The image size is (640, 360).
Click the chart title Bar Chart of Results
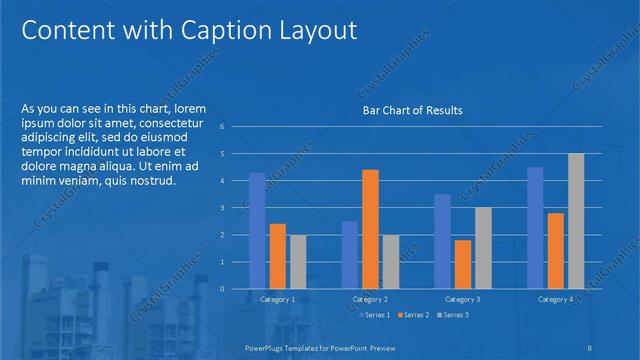(411, 110)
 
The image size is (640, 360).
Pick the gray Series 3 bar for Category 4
(576, 220)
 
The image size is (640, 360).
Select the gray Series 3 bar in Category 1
(298, 261)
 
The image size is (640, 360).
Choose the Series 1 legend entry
(376, 315)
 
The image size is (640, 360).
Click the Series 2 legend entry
(415, 315)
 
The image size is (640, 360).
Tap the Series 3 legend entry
(453, 315)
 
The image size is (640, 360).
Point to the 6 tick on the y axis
(236, 127)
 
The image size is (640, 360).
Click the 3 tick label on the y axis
(236, 208)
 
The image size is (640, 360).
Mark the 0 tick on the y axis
(236, 289)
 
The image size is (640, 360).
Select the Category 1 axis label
(277, 299)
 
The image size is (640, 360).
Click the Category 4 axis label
(555, 299)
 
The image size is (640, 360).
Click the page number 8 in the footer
(591, 346)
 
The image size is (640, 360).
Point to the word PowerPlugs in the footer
(267, 346)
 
